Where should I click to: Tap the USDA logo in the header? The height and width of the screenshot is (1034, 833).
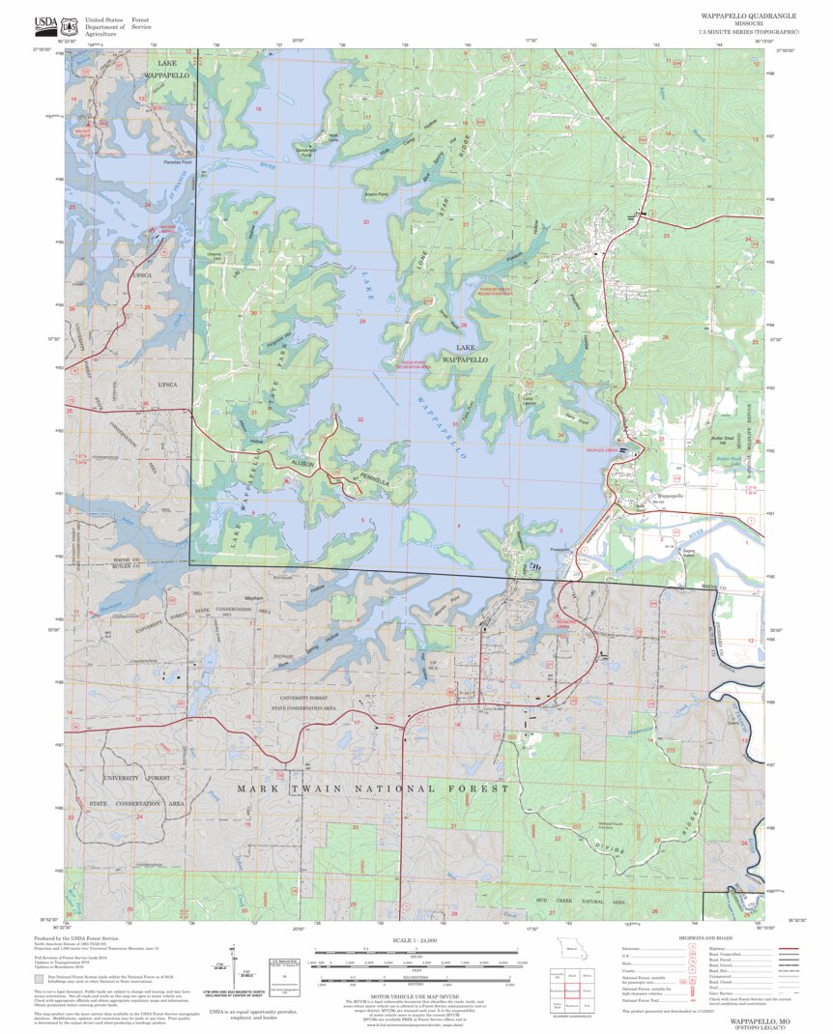[x=45, y=22]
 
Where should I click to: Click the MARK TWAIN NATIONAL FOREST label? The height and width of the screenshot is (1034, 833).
[x=373, y=789]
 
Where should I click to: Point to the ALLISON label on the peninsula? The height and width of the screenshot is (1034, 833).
[x=302, y=466]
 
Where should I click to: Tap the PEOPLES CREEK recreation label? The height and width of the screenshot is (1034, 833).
[x=600, y=450]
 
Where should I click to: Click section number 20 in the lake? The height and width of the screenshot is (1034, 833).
[x=365, y=222]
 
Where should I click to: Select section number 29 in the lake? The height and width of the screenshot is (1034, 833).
[x=362, y=321]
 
